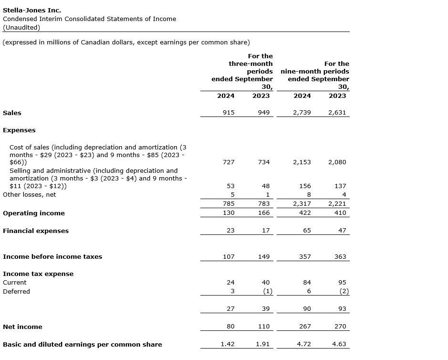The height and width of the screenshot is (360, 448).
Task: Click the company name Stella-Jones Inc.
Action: pos(32,10)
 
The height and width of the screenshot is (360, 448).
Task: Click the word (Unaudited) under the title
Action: pos(21,27)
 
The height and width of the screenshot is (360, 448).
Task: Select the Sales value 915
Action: pos(229,113)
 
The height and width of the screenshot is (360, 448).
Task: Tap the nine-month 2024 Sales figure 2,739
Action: pos(302,113)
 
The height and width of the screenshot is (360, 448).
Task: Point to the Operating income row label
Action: pos(34,213)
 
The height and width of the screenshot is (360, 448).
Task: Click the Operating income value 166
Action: pos(264,213)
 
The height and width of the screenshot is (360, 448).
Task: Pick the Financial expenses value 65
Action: pos(307,230)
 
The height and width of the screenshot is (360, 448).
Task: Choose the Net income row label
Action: pos(22,327)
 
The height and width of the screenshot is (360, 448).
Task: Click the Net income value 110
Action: pos(264,327)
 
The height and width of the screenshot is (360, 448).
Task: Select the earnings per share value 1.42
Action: pos(228,344)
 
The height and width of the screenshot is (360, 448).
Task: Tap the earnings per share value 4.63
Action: pos(339,344)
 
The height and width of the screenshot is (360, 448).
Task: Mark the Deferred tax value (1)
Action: pos(268,291)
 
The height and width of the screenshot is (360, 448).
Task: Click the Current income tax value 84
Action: pos(307,282)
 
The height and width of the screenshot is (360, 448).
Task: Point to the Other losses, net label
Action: pos(30,194)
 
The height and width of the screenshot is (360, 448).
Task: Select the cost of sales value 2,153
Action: pos(302,162)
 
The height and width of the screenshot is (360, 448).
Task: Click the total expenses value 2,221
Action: pos(337,203)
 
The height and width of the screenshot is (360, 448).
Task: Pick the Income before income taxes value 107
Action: pos(229,256)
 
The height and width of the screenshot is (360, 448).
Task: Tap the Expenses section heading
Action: pos(19,130)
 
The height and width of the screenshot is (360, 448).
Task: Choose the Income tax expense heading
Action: pos(38,274)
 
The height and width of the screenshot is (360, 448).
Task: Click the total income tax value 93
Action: pos(342,308)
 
